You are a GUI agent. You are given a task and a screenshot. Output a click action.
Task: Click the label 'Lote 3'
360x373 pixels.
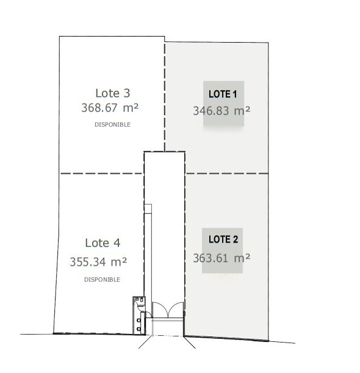click(x=113, y=93)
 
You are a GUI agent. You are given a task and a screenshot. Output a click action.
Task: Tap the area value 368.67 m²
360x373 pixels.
click(x=110, y=107)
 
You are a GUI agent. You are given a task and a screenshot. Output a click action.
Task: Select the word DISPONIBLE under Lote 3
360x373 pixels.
click(x=112, y=125)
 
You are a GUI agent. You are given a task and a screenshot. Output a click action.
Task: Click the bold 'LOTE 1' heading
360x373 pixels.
click(x=223, y=94)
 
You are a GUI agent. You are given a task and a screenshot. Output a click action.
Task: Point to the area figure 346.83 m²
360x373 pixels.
click(x=221, y=110)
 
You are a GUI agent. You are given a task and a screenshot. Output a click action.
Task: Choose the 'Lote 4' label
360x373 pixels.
click(x=103, y=243)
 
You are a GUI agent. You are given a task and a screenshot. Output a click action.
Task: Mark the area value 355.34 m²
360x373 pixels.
click(x=98, y=261)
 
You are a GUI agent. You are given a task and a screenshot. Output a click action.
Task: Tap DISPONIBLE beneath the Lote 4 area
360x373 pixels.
click(x=102, y=280)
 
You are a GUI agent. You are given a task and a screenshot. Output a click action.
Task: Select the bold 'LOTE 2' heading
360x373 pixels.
click(x=223, y=240)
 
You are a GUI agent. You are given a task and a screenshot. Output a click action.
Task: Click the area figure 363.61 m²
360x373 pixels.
click(x=221, y=258)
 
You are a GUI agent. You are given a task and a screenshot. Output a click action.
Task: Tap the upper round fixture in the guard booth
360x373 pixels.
click(x=139, y=321)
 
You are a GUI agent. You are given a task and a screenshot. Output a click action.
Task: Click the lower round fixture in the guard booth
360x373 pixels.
click(x=139, y=329)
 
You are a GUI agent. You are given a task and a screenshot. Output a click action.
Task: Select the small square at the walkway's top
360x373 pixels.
click(x=148, y=208)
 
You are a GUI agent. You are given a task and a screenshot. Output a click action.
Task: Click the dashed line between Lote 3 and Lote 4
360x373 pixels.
click(x=102, y=174)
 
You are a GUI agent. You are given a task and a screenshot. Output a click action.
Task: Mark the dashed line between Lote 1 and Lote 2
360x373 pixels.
click(x=227, y=174)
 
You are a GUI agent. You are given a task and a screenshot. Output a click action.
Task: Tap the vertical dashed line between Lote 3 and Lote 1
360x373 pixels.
click(x=165, y=97)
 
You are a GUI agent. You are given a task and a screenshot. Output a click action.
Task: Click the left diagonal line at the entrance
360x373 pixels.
click(x=145, y=341)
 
